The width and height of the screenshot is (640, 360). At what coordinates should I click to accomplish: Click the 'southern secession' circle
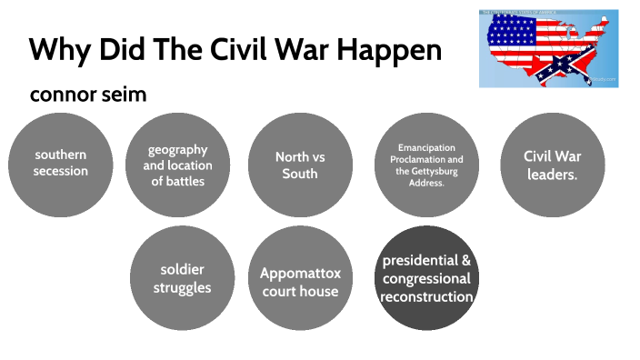[x=61, y=164]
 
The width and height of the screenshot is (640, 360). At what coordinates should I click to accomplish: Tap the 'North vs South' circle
[x=300, y=164]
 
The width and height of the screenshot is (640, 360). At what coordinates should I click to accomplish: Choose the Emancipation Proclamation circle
[x=426, y=164]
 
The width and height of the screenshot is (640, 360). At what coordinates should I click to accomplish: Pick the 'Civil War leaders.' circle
[x=553, y=164]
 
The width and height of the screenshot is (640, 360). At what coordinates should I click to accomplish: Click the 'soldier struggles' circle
[x=182, y=278]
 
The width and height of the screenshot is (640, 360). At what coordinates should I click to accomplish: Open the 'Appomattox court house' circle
[x=300, y=278]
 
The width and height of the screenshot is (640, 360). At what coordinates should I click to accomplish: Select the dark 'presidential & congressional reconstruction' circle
[x=426, y=278]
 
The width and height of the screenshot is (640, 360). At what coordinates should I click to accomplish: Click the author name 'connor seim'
[x=87, y=95]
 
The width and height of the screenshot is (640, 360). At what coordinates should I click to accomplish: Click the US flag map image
[x=548, y=48]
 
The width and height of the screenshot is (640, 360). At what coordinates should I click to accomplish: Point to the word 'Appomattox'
[x=300, y=273]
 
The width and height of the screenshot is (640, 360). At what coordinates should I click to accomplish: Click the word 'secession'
[x=61, y=171]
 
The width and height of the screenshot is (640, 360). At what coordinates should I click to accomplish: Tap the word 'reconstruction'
[x=426, y=296]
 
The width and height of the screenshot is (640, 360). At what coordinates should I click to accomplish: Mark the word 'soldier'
[x=182, y=270]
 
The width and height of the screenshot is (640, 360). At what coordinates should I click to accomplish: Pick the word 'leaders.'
[x=553, y=173]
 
